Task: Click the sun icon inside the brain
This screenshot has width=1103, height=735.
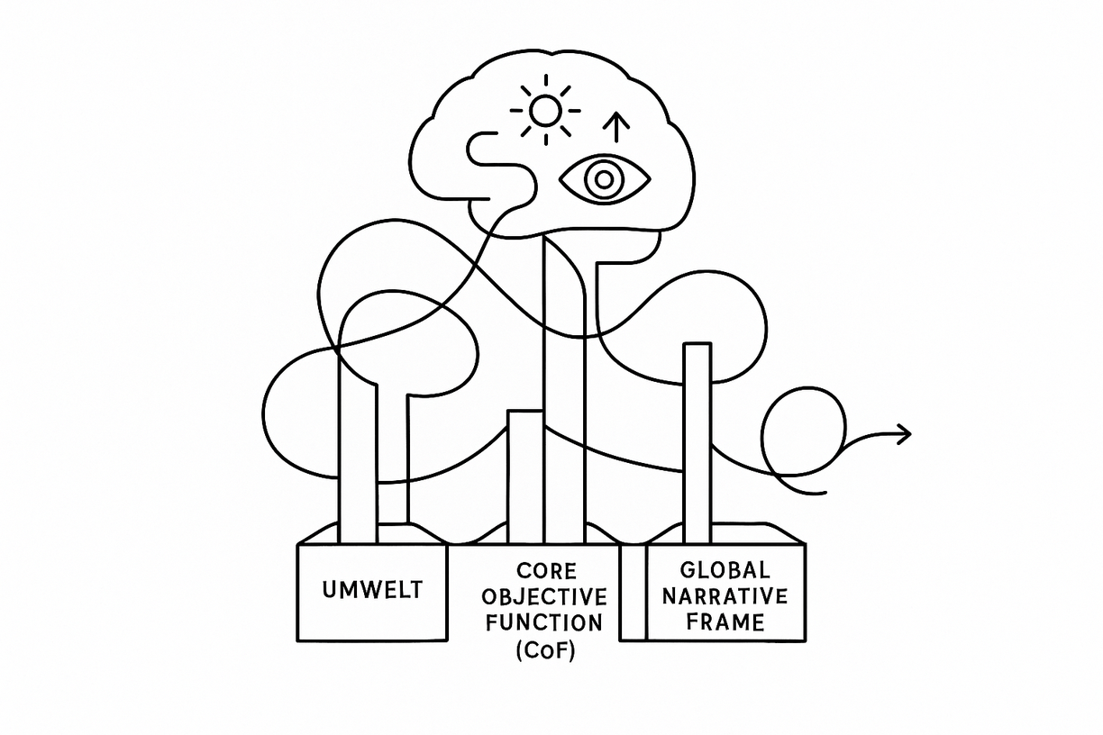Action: click(x=544, y=110)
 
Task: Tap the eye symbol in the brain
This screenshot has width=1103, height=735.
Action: click(x=604, y=179)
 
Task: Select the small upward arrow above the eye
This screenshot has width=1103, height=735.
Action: click(x=617, y=128)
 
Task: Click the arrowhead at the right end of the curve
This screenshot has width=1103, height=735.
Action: click(x=904, y=434)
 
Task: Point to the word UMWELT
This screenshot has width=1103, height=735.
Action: click(x=371, y=592)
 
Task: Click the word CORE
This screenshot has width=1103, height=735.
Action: click(x=544, y=572)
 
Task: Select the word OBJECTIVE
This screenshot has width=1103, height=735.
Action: click(x=544, y=597)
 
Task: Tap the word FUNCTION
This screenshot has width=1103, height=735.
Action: click(x=544, y=622)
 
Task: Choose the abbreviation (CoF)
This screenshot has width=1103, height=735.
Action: click(x=544, y=649)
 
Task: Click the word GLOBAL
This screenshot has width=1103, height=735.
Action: click(x=725, y=570)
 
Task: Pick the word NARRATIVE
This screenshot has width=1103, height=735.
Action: click(x=725, y=596)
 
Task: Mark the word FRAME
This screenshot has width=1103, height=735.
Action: click(x=725, y=622)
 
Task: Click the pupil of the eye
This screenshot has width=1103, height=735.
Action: click(x=604, y=180)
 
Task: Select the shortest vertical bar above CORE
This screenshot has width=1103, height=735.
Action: click(x=525, y=476)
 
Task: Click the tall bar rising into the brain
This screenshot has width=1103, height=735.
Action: click(x=564, y=387)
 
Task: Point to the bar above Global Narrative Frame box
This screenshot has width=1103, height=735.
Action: click(x=697, y=441)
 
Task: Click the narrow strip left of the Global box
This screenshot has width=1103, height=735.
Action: click(x=634, y=592)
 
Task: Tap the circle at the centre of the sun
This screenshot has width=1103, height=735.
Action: click(x=544, y=110)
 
